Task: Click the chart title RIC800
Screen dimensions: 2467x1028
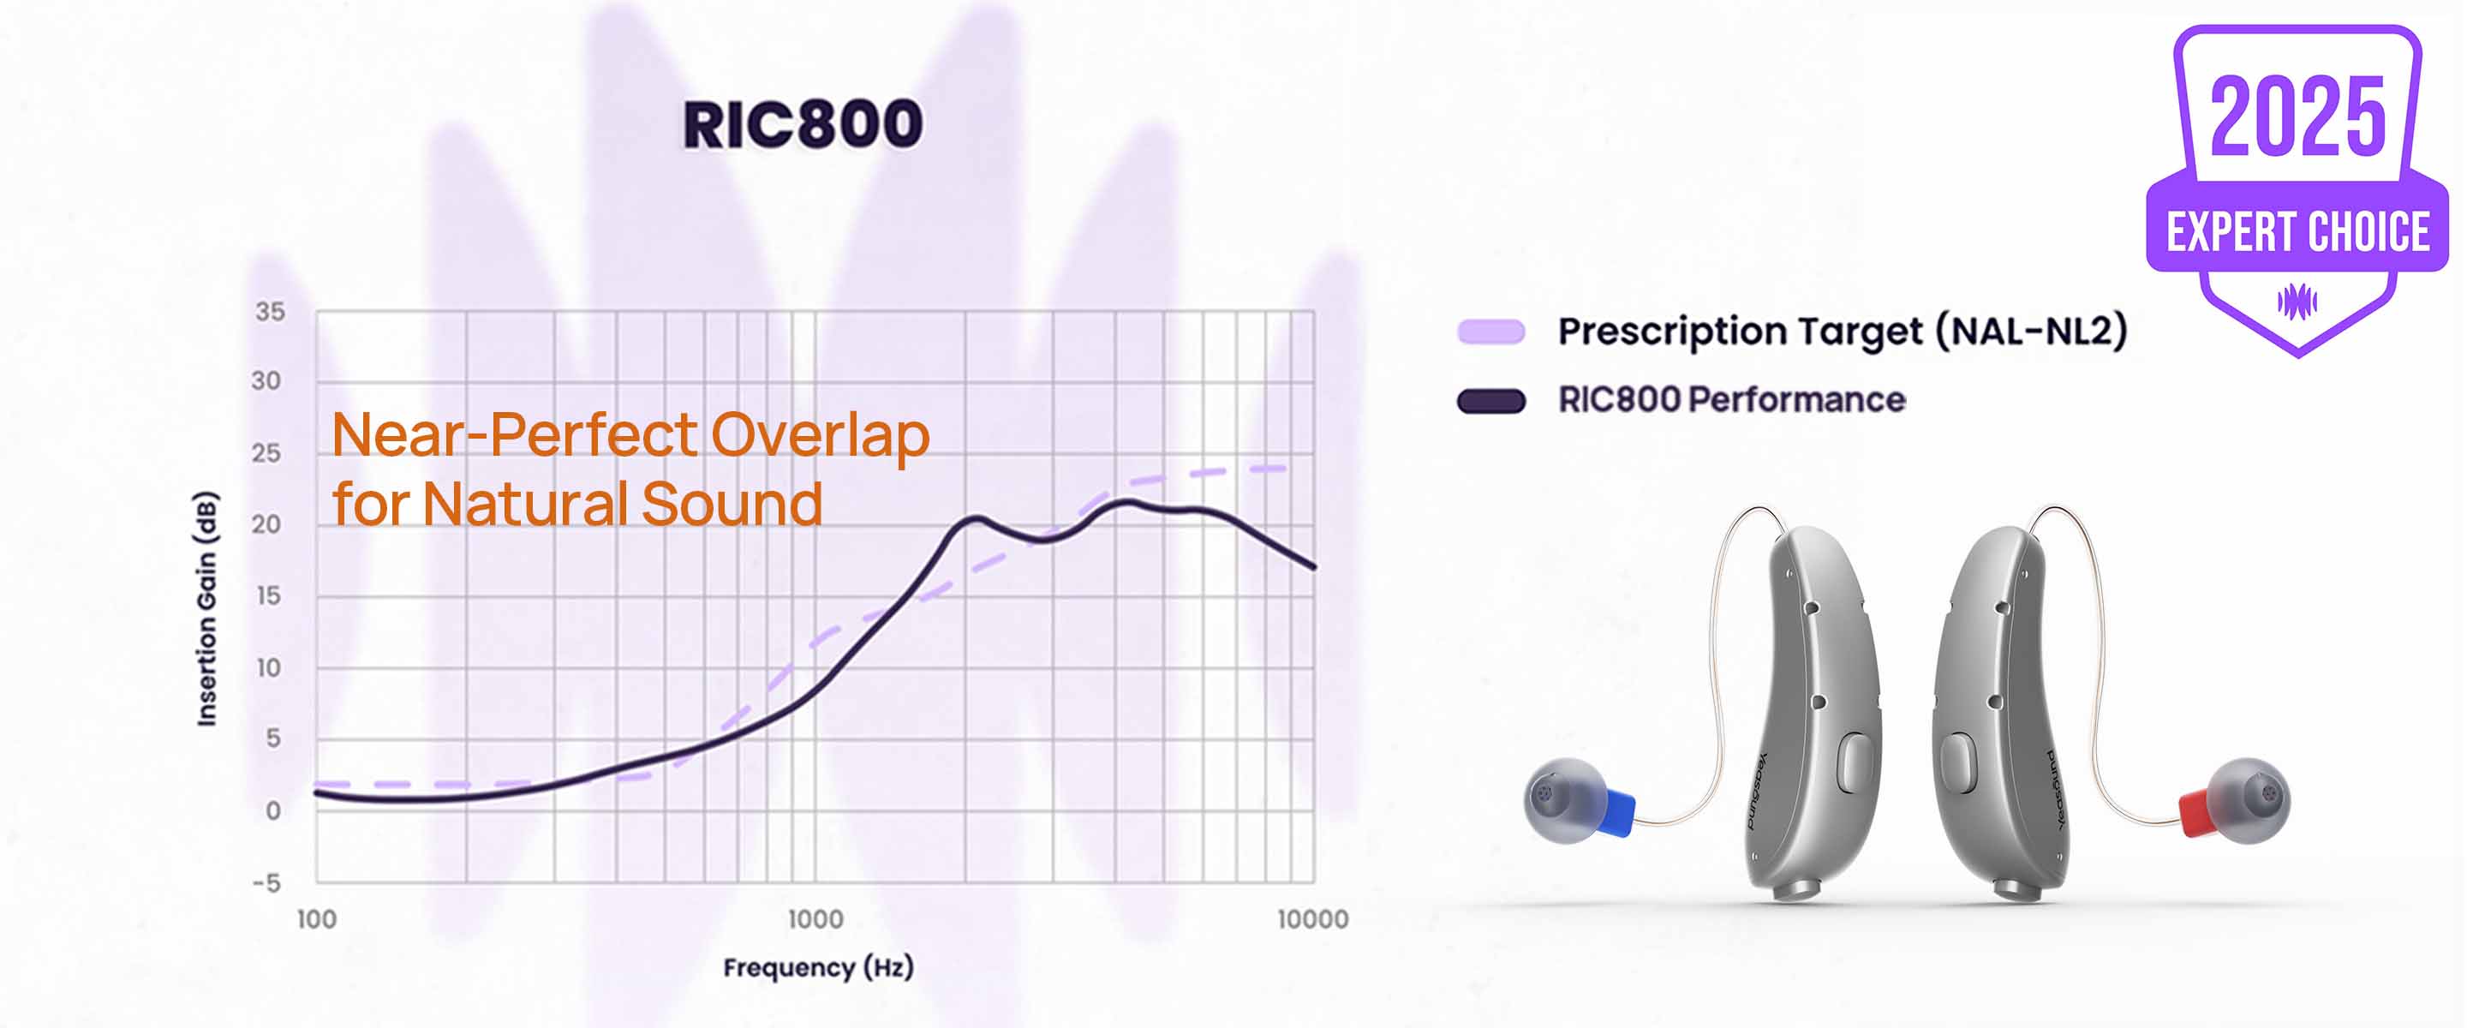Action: point(803,124)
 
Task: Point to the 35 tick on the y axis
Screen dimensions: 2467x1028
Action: point(270,311)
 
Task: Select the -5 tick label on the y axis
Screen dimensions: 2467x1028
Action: point(266,882)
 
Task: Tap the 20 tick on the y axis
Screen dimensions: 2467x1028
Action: point(267,524)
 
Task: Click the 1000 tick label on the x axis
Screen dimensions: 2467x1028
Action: point(815,919)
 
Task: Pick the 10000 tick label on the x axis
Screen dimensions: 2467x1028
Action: point(1313,919)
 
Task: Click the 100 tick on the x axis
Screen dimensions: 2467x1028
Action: point(316,919)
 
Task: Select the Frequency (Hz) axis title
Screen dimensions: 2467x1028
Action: point(818,968)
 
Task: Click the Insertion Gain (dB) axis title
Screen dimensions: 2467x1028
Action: point(206,609)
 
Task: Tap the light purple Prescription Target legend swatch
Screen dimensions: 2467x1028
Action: point(1491,332)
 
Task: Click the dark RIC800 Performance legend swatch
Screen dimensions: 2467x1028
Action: point(1491,400)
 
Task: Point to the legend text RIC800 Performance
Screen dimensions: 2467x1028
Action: point(1731,399)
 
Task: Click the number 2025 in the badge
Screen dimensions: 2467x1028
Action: point(2297,116)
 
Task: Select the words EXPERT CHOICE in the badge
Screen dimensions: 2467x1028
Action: point(2298,233)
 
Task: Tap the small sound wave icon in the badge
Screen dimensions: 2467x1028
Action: point(2297,302)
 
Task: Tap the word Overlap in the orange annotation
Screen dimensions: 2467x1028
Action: point(820,435)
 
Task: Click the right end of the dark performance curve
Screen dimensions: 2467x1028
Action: point(1313,567)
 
